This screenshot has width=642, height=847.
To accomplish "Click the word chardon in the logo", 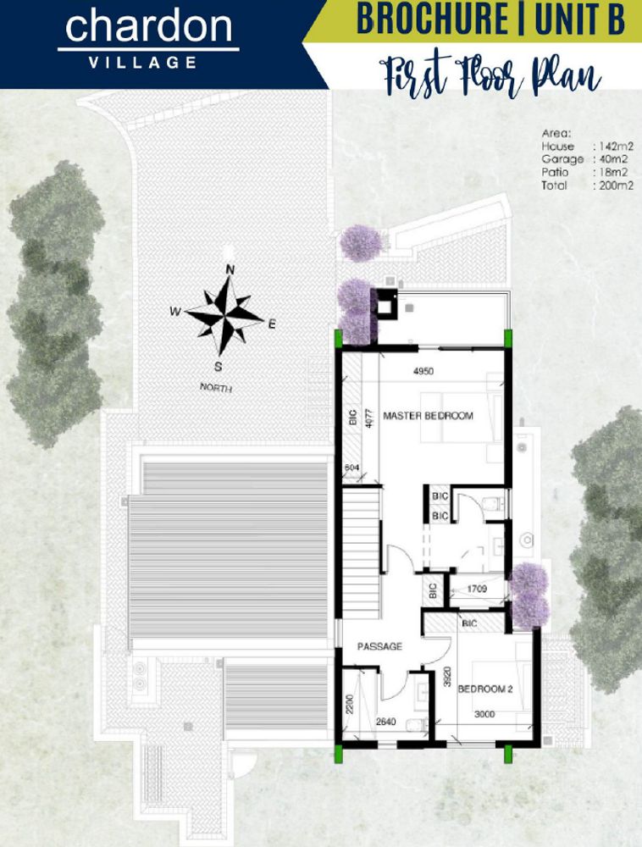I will coord(148,29).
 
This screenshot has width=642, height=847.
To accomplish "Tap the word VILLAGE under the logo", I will coord(149,62).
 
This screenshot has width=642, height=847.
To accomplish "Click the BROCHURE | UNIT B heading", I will coord(490,19).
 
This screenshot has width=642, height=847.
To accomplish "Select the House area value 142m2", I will coord(615,147).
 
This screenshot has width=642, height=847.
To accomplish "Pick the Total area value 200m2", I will coord(615,185).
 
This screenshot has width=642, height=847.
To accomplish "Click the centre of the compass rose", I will coord(224,313).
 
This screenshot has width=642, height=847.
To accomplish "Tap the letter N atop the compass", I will coord(229,270).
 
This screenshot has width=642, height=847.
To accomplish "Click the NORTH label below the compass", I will coord(215,389).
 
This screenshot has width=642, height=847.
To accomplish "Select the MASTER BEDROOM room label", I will coord(428,416).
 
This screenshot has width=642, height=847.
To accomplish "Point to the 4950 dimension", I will coord(423,371).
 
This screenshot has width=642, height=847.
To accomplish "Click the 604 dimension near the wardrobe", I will coord(352,468).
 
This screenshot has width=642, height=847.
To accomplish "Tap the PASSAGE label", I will coord(379,646).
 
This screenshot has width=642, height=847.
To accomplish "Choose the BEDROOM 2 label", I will coord(486,689).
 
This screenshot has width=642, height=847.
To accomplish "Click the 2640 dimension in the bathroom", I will coord(386,722).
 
